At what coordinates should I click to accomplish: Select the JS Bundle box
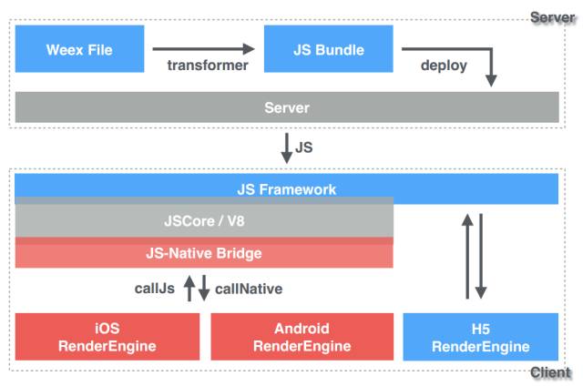click(x=328, y=49)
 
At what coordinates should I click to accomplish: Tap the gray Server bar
click(x=287, y=107)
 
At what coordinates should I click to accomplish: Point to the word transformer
click(x=208, y=66)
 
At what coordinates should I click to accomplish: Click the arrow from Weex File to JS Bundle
click(x=204, y=48)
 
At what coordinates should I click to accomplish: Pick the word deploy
click(x=444, y=66)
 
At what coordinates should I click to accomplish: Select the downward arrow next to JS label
click(x=286, y=145)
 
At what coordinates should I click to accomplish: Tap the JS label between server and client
click(x=305, y=146)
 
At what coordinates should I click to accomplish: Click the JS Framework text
click(x=287, y=189)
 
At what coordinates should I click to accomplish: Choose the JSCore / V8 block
click(x=204, y=221)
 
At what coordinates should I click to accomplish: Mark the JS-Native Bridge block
click(x=204, y=253)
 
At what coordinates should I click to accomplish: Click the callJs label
click(x=155, y=289)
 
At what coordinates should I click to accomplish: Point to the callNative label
click(x=249, y=289)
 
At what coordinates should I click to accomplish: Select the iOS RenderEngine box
click(x=107, y=337)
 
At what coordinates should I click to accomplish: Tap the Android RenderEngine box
click(x=302, y=337)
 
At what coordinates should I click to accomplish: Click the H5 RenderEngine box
click(x=480, y=337)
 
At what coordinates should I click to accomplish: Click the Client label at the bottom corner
click(x=550, y=373)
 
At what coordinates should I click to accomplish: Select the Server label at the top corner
click(x=552, y=17)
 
